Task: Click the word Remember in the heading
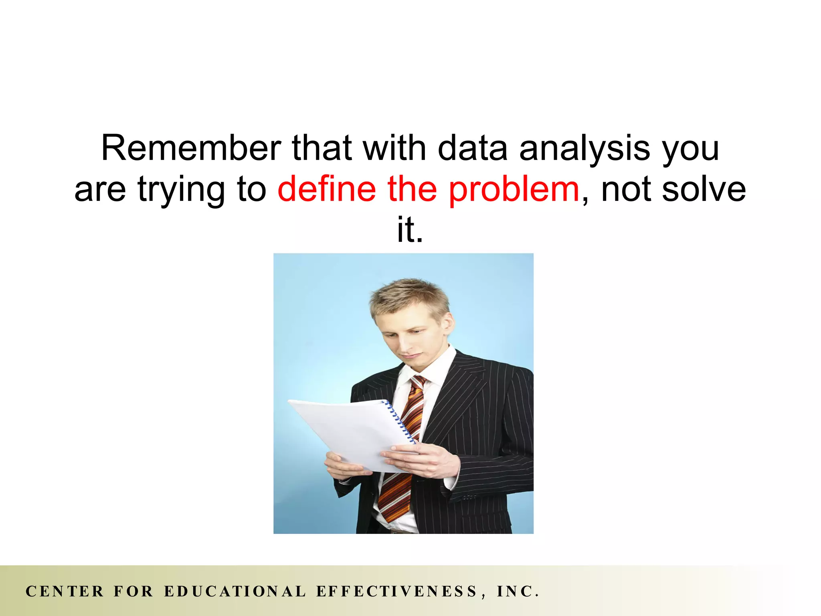point(191,148)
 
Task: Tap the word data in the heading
point(472,148)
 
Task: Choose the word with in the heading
point(394,148)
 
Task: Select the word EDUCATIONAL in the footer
point(235,592)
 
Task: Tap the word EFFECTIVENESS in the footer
point(396,592)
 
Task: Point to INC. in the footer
point(518,592)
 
